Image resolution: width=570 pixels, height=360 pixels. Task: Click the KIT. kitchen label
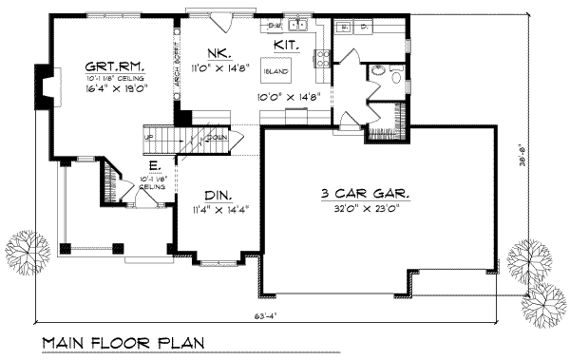tap(288, 45)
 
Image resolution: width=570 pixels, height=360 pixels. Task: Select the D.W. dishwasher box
tap(275, 26)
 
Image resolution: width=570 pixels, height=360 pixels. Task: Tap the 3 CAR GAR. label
tap(366, 194)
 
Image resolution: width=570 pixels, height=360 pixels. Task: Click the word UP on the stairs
tap(147, 137)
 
